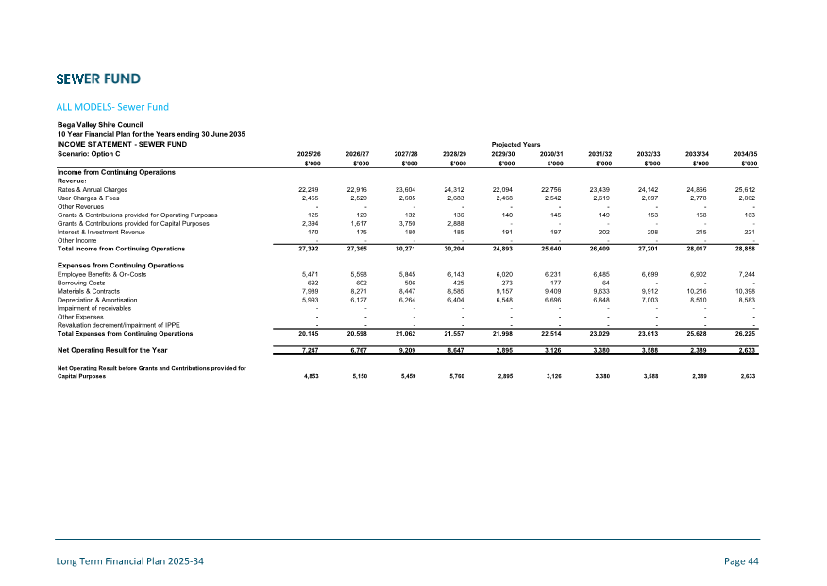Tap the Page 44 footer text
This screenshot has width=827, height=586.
tap(741, 561)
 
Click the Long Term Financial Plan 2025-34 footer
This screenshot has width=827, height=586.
tap(128, 561)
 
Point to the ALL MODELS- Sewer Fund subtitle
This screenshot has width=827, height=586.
tap(112, 106)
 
